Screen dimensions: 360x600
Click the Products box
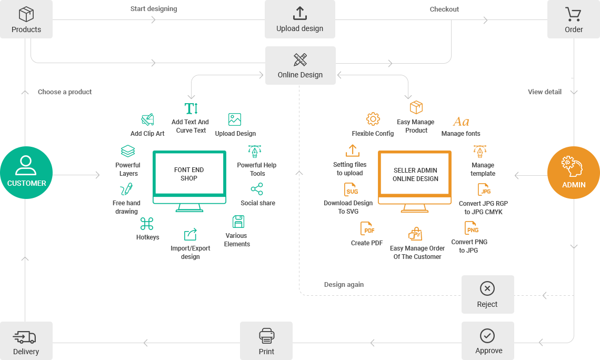[x=26, y=19]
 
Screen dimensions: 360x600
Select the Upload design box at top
[x=299, y=19]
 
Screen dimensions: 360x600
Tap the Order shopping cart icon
[x=573, y=14]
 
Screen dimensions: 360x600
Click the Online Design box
[x=300, y=65]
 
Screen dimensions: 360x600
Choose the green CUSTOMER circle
[x=26, y=173]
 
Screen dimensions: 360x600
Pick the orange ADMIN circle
[x=573, y=173]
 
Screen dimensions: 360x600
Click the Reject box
[x=487, y=294]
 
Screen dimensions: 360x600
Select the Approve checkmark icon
[x=487, y=335]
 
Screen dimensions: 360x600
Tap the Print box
[x=266, y=341]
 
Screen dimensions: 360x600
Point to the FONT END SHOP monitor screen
[x=189, y=174]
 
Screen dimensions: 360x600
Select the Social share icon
[x=257, y=189]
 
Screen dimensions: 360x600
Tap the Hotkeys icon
[x=147, y=224]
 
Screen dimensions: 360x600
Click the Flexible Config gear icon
[x=373, y=119]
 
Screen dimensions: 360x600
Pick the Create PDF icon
[x=367, y=229]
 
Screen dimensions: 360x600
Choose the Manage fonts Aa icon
[x=461, y=122]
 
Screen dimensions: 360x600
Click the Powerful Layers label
[x=128, y=169]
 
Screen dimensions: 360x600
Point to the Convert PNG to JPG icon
[x=471, y=228]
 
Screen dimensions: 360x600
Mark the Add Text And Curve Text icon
[x=191, y=108]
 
